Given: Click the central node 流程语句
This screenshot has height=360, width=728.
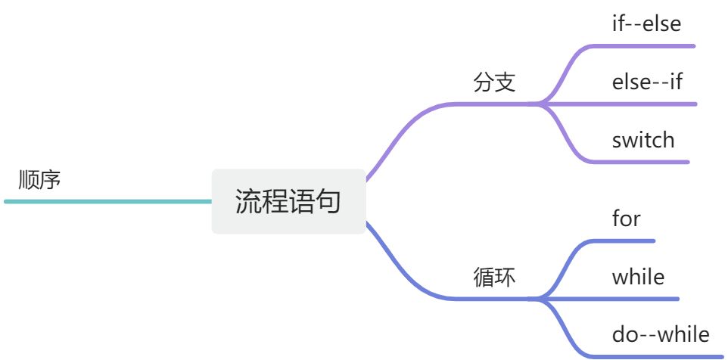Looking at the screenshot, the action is click(288, 202).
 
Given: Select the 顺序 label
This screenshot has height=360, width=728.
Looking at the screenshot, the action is click(39, 180).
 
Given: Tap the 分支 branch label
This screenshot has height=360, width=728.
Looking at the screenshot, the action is click(494, 82).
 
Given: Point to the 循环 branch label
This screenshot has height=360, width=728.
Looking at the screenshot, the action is click(494, 278).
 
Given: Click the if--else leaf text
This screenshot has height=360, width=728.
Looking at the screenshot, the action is click(646, 23).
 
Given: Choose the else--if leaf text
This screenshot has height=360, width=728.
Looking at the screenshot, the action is click(647, 81).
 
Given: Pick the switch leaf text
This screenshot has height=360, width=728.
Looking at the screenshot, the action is click(642, 140).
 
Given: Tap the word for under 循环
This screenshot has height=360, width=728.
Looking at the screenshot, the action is click(626, 219).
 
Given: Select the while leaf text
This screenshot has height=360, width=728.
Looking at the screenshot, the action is click(638, 276).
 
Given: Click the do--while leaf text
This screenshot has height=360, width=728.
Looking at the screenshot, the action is click(661, 334).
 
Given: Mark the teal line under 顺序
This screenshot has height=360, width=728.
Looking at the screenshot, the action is click(106, 202).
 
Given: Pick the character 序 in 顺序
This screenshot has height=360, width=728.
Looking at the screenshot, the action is click(50, 180).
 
